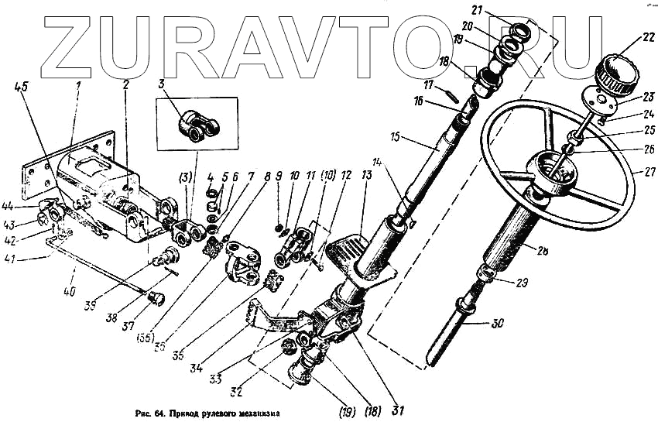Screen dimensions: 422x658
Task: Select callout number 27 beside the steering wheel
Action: [x=640, y=170]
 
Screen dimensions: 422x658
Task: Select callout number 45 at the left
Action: [x=19, y=87]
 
